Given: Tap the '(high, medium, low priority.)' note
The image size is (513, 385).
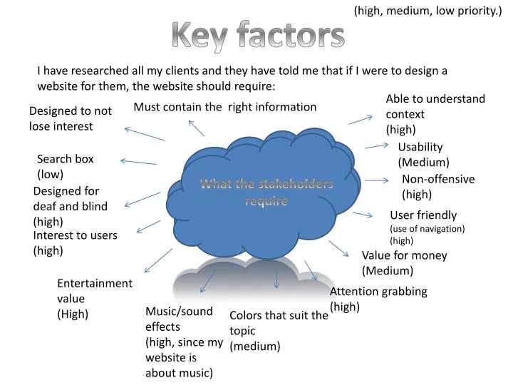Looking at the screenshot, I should (428, 11).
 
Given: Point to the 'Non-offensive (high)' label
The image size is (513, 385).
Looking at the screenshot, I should (437, 186).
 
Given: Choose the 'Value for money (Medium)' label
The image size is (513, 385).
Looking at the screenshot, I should (404, 262).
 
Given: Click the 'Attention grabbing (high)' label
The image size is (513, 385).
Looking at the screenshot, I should (378, 299).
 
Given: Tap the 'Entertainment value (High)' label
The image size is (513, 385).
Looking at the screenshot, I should (94, 298).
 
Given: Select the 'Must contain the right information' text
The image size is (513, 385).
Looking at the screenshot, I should (224, 107).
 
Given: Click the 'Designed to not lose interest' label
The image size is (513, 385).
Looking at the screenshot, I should (70, 118).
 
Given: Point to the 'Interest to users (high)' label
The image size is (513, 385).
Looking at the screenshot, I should (75, 242).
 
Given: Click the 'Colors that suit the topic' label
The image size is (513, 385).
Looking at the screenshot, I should (278, 331).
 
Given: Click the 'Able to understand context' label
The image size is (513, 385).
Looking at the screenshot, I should (435, 113).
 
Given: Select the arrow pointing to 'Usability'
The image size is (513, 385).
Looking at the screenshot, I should (375, 146).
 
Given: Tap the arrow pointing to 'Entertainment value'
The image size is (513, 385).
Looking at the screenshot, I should (157, 260).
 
